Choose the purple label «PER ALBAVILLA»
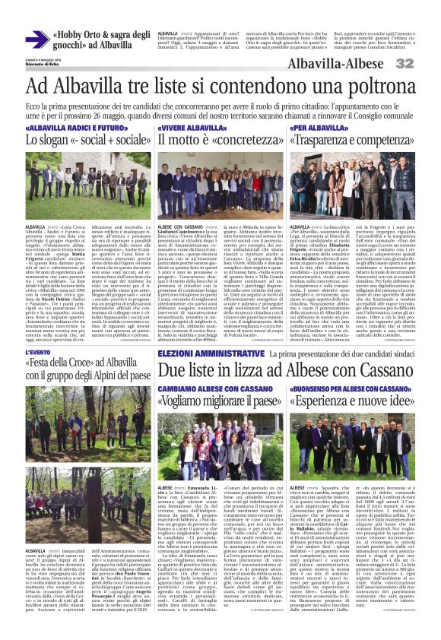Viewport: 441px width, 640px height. click(316, 128)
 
